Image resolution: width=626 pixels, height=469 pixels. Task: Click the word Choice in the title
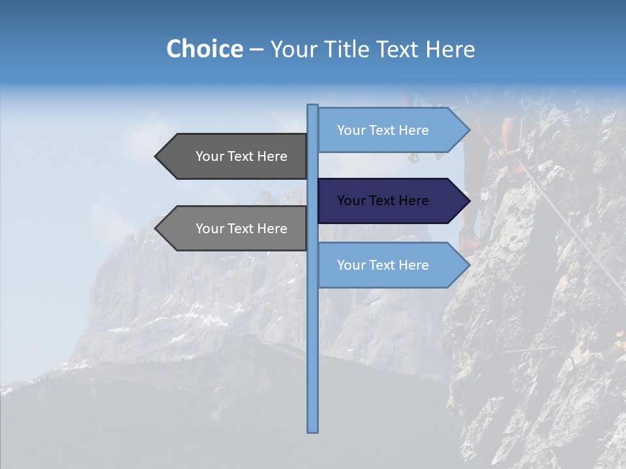(204, 50)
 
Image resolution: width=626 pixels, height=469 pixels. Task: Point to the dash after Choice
(256, 50)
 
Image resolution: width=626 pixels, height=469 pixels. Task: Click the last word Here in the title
(450, 50)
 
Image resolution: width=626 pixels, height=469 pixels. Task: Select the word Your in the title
(293, 50)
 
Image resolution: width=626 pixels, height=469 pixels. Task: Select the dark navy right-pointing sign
(385, 201)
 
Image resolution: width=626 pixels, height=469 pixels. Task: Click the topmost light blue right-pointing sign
(385, 130)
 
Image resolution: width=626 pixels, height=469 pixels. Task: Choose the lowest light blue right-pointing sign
(385, 265)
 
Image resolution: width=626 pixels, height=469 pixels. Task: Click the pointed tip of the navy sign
(468, 201)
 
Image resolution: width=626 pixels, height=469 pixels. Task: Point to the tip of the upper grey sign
(156, 156)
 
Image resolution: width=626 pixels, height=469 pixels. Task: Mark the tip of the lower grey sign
(156, 229)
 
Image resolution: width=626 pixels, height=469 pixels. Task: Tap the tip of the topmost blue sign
(468, 130)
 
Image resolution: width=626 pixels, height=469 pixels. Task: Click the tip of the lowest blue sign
(468, 265)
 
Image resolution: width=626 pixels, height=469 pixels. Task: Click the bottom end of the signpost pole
(312, 430)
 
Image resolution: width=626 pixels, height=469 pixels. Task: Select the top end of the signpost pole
(312, 107)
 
